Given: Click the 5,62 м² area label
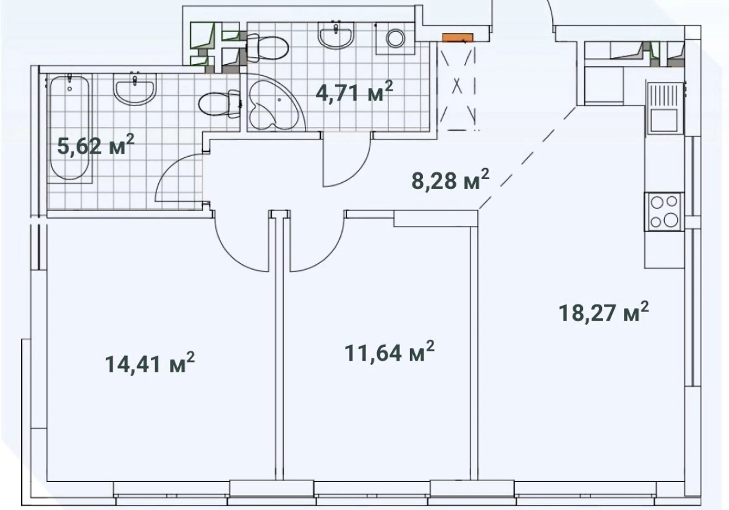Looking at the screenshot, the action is tap(96, 145).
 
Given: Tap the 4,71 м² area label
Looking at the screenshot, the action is tap(354, 91).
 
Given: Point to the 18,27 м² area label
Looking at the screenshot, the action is tap(604, 312).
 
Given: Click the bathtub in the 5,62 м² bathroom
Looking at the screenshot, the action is tap(69, 128).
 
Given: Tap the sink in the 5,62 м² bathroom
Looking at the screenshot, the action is tap(135, 89).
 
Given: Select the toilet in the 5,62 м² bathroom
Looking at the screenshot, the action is tap(220, 104).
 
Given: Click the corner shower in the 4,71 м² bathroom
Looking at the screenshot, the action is tap(275, 103).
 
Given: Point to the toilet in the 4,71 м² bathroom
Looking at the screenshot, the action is tap(267, 48).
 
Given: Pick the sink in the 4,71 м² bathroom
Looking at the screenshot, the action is tap(335, 36).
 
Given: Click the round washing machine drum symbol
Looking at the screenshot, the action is tap(395, 38).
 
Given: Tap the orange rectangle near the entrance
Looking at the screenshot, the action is tap(457, 37).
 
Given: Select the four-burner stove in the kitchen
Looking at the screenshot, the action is tap(665, 212).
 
